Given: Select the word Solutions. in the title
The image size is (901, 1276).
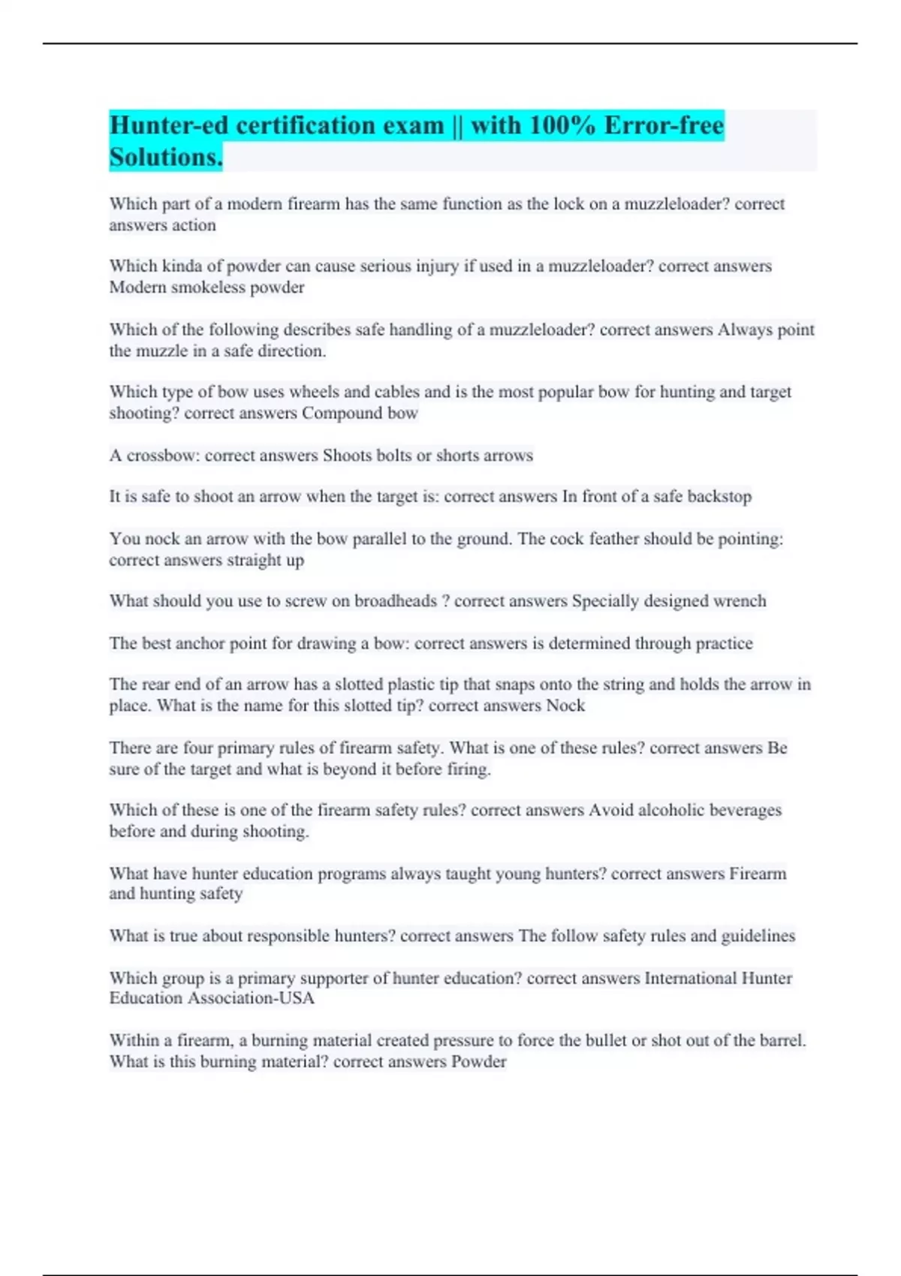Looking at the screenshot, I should [166, 158].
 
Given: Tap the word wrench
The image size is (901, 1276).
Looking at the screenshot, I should [740, 601].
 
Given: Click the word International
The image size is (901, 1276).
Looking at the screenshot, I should [691, 978].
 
